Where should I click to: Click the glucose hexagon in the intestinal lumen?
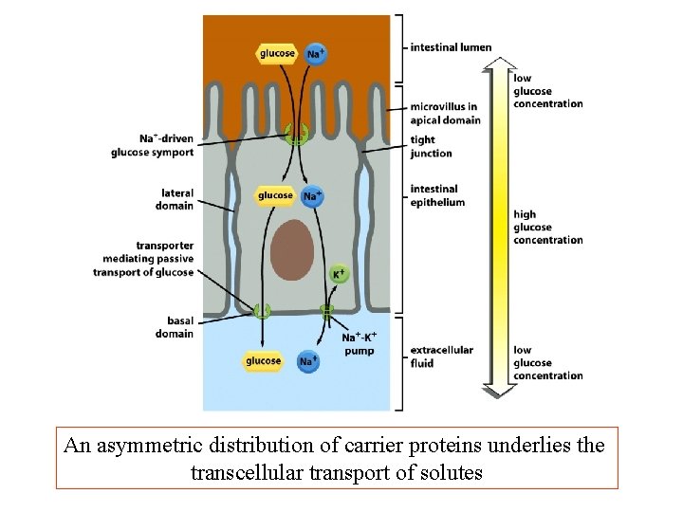tap(277, 53)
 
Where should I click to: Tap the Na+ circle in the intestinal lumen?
tap(316, 54)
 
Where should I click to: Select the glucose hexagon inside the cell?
tap(275, 196)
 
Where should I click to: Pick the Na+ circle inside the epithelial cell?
tap(312, 196)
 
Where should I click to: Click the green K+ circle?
tap(339, 274)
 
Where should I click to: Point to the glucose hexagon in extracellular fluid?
tap(263, 361)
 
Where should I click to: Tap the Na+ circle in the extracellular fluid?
tap(307, 361)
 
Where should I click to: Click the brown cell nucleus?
tap(292, 251)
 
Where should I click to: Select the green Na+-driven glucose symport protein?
tap(297, 135)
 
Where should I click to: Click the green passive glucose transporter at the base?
tap(261, 310)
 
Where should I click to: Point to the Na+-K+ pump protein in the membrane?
tap(327, 310)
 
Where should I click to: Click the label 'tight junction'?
tap(431, 146)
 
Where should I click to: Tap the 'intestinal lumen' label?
tap(451, 47)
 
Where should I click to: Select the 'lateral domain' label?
tap(175, 199)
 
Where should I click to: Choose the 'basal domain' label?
tap(175, 327)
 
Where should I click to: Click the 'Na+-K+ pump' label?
tap(358, 344)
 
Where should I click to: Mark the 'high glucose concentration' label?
tap(547, 228)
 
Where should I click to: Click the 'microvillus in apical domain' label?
tap(445, 113)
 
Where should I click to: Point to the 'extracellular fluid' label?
tap(441, 357)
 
